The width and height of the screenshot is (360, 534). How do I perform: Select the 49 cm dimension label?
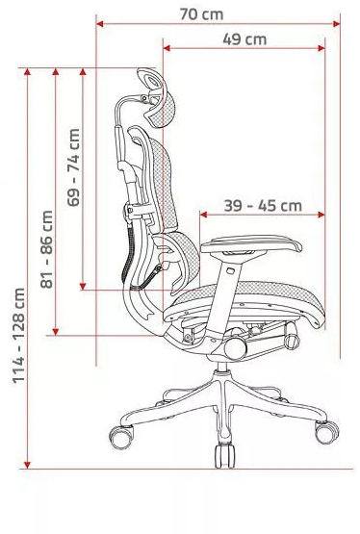pyautogui.click(x=244, y=39)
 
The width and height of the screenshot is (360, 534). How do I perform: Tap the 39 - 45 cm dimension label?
pyautogui.click(x=263, y=205)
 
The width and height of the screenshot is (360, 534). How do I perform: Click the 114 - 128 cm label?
pyautogui.click(x=17, y=333)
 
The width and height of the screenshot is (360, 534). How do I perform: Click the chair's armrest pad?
pyautogui.click(x=251, y=243)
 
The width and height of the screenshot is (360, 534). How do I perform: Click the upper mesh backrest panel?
pyautogui.click(x=158, y=178)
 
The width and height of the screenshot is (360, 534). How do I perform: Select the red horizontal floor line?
pyautogui.click(x=183, y=469)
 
